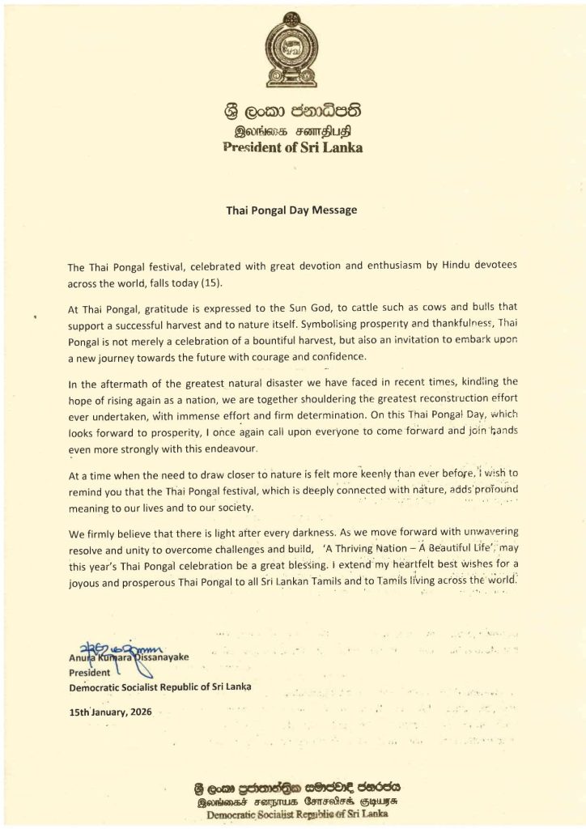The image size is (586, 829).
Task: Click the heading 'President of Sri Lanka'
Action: point(293,147)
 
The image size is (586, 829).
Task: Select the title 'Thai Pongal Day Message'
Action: point(291,207)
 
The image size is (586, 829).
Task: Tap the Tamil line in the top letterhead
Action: point(292,130)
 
